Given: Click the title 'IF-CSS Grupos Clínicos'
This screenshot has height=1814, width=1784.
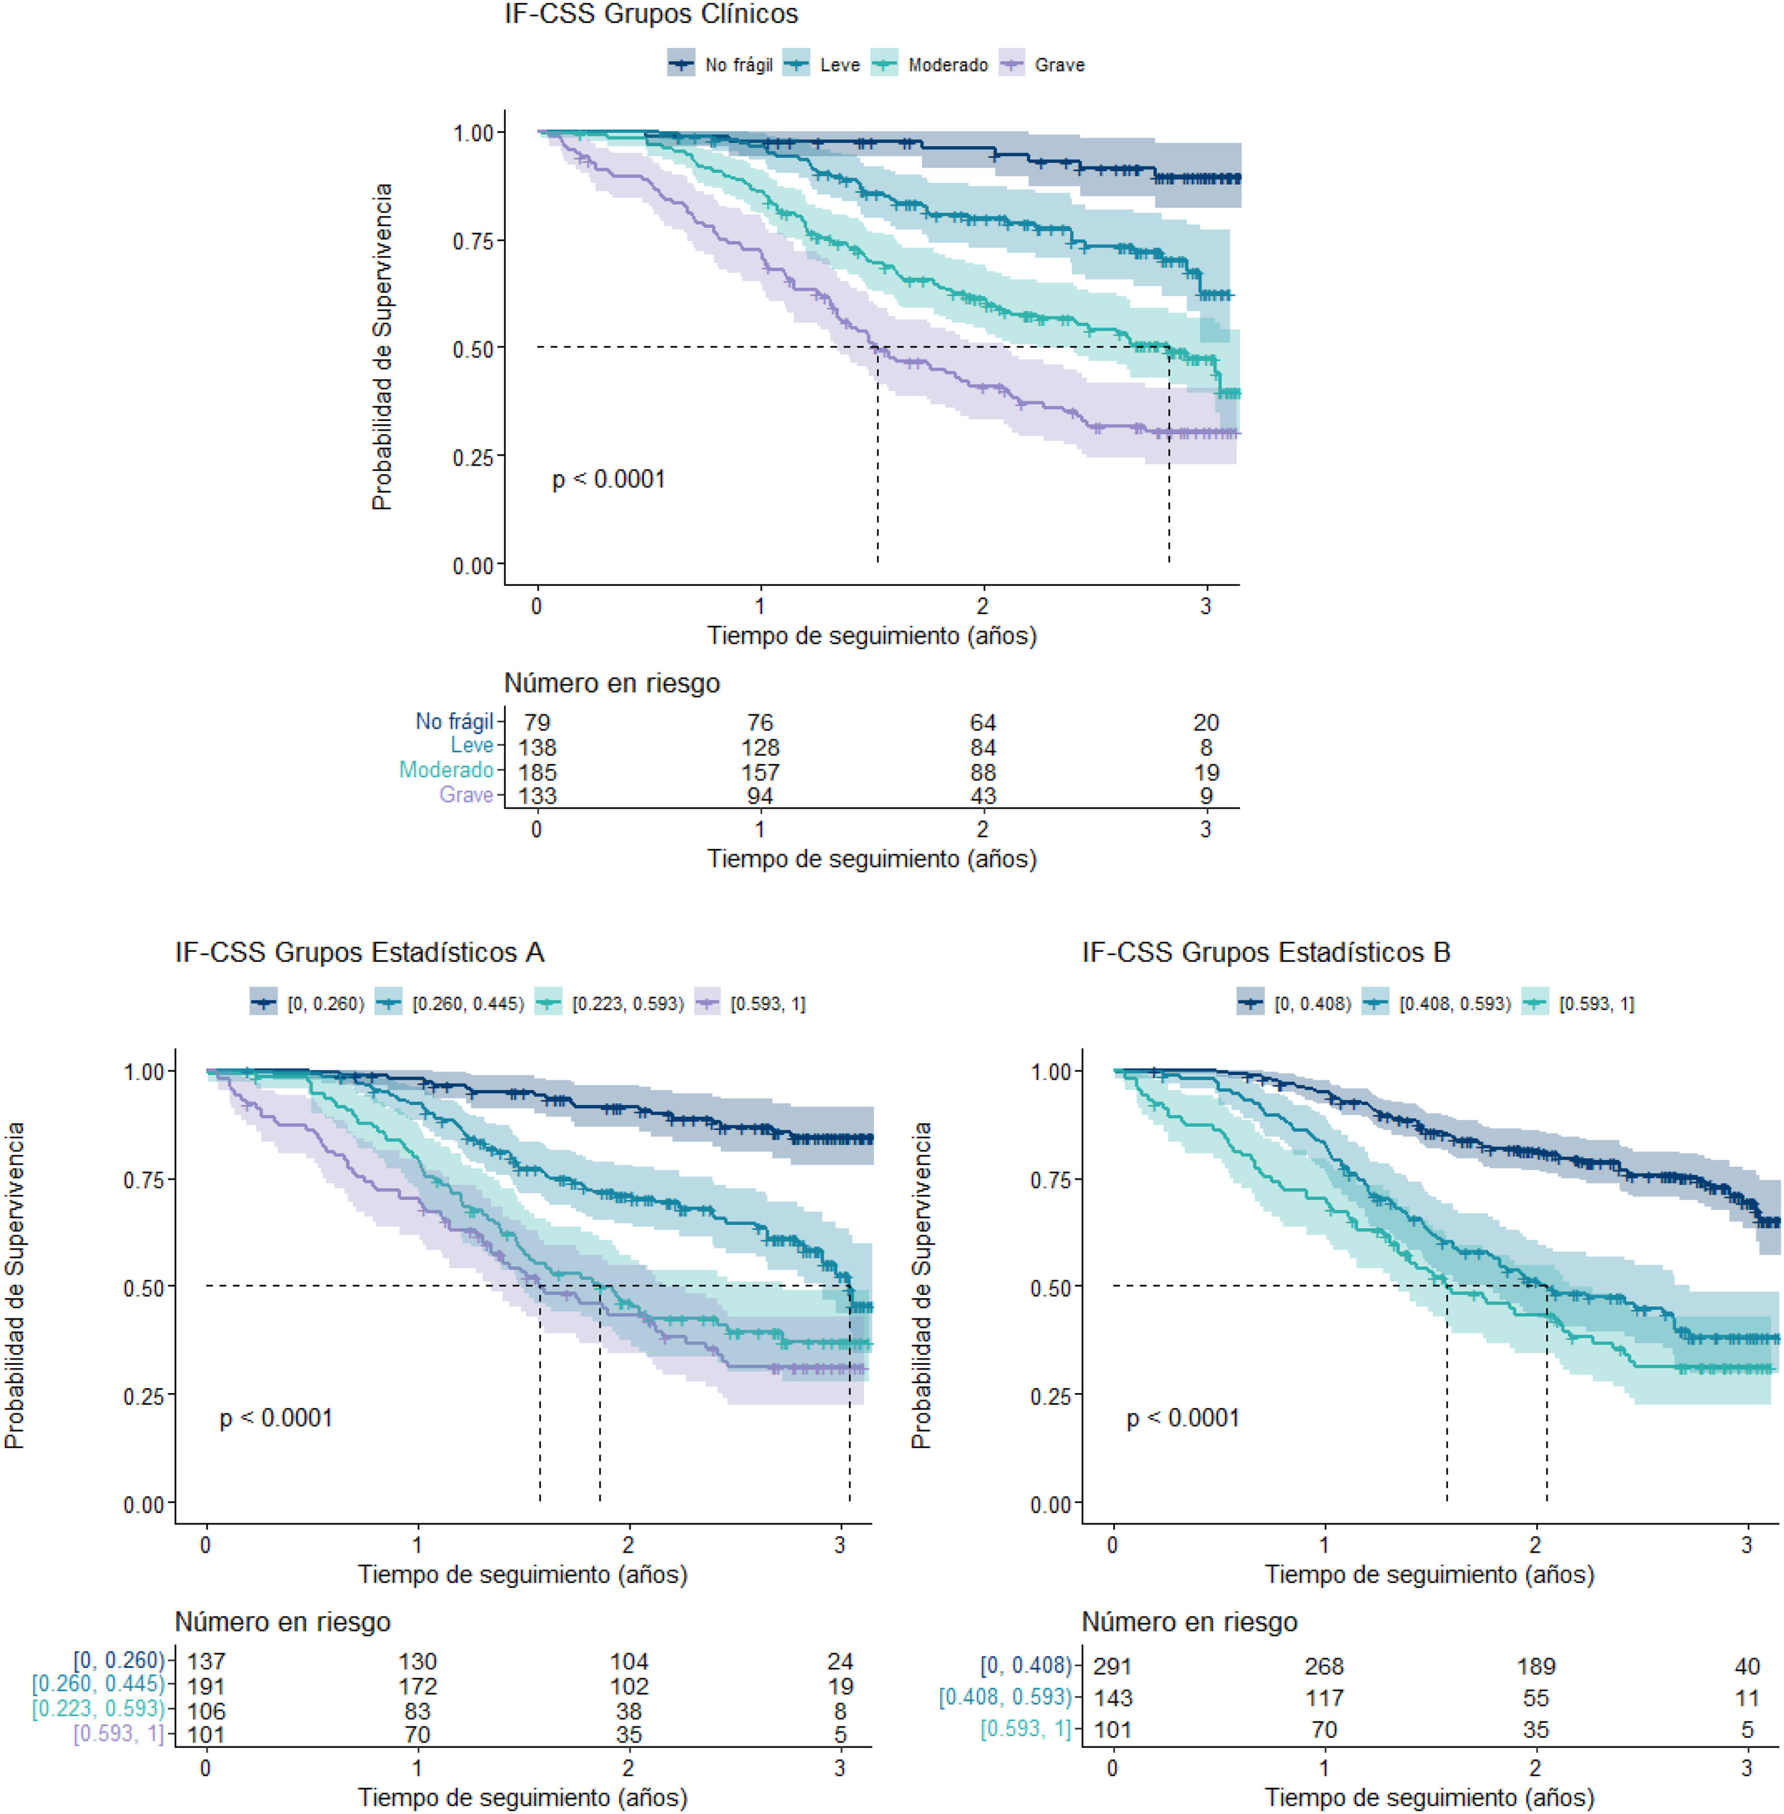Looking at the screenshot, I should click(x=651, y=15).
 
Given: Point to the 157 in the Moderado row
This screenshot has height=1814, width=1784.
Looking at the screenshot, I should click(x=760, y=772).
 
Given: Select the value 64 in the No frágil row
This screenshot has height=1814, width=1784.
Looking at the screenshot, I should click(x=983, y=722).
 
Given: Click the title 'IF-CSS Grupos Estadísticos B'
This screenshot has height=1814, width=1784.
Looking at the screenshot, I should click(x=1266, y=953).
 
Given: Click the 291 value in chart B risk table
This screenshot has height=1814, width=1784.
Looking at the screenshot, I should click(x=1113, y=1667).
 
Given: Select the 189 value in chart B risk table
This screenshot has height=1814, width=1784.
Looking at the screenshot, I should click(x=1536, y=1667).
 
